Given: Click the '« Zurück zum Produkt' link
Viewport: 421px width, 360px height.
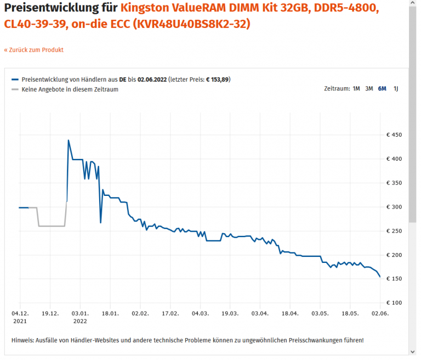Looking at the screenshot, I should click(x=34, y=50).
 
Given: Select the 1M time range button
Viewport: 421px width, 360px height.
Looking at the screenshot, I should click(x=356, y=88).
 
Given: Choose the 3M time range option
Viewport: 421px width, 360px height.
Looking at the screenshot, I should click(x=369, y=88).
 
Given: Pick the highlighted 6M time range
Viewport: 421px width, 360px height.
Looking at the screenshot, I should click(x=382, y=88).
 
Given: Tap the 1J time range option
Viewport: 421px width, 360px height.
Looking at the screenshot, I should click(x=396, y=88).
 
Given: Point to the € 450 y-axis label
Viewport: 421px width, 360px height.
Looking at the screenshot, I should click(x=394, y=135).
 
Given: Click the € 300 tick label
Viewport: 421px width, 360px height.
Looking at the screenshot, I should click(x=394, y=207).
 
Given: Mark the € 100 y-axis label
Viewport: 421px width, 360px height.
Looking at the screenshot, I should click(x=394, y=303).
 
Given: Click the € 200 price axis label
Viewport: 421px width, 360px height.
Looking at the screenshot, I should click(x=394, y=255).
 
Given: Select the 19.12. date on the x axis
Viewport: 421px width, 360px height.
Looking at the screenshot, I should click(x=50, y=314).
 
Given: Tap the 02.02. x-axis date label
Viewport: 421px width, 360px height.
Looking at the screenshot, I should click(x=140, y=314).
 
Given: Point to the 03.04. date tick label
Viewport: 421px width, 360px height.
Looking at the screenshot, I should click(x=260, y=314).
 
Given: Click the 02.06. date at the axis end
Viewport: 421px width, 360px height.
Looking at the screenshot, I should click(x=380, y=314).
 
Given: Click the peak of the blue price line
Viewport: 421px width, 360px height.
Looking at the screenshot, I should click(x=68, y=140).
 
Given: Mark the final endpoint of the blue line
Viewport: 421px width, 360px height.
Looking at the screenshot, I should click(x=380, y=277).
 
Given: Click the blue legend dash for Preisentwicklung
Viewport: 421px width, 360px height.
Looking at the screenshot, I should click(x=15, y=79).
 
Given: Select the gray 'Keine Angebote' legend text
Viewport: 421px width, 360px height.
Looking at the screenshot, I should click(x=70, y=89).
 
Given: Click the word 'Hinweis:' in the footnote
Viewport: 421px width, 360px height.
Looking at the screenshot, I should click(x=24, y=340).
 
